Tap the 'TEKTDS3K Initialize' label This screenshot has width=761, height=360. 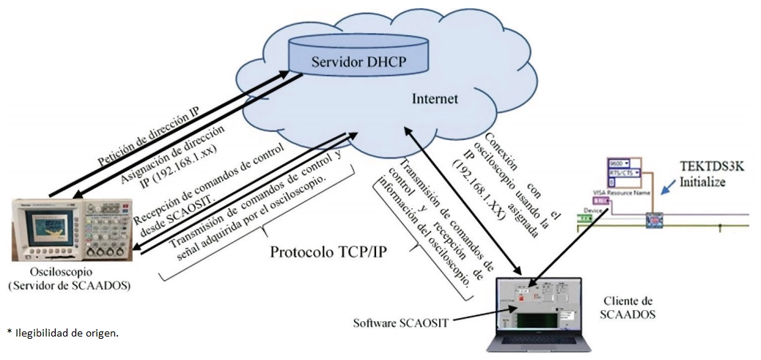tap(705, 174)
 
